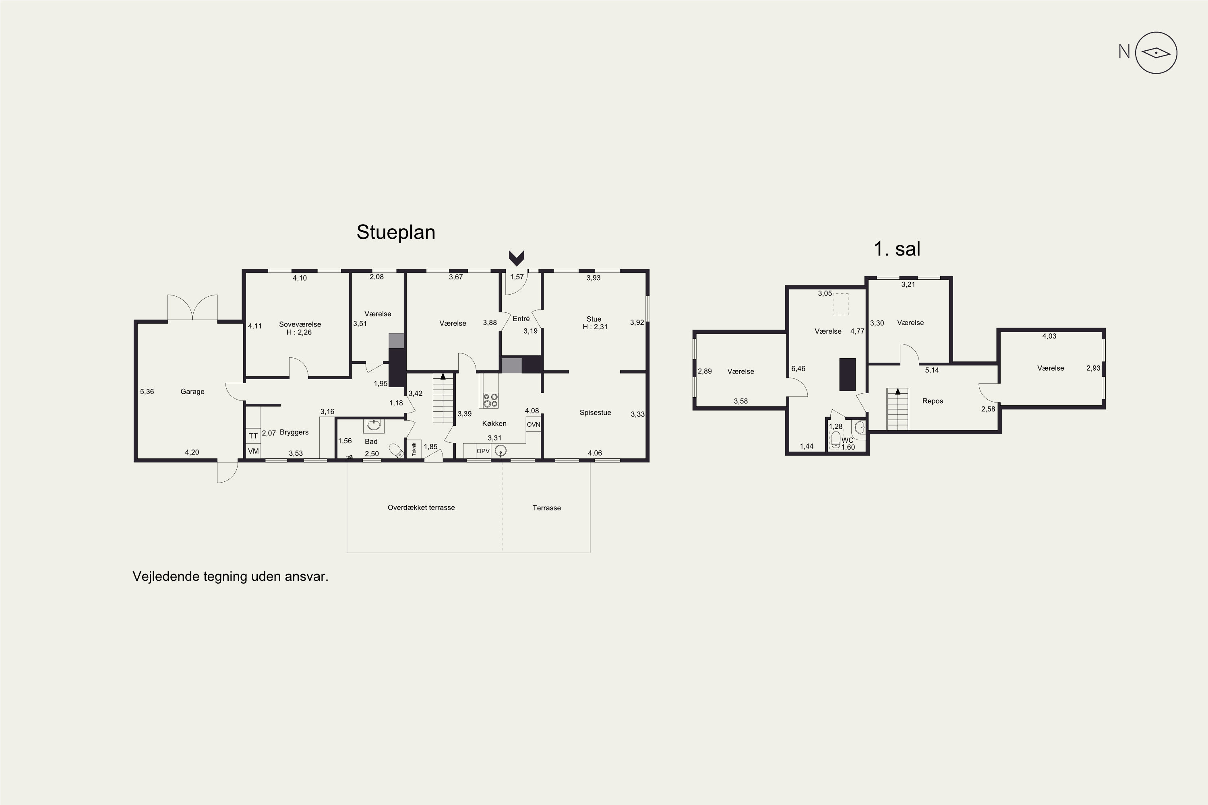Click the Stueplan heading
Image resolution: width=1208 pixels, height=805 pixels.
point(395,232)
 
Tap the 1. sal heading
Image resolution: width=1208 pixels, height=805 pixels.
point(897,249)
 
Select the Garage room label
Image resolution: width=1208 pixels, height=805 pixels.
point(192,392)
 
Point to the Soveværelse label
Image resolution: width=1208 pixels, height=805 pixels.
point(300,324)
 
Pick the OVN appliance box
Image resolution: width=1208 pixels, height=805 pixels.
point(533,424)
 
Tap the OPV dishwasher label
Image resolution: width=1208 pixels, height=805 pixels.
point(483,451)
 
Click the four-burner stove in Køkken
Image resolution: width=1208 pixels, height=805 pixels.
point(490,400)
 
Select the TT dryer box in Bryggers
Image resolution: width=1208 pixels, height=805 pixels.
point(253,436)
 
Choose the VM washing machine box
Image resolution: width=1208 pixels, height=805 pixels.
point(253,451)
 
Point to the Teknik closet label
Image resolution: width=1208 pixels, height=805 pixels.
point(414,449)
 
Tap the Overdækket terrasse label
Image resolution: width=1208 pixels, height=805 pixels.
point(421,508)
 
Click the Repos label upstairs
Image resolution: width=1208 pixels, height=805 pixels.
point(932,401)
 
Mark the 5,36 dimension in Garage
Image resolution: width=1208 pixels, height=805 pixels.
point(147,392)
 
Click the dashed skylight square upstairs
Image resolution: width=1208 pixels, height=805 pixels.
point(840,304)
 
